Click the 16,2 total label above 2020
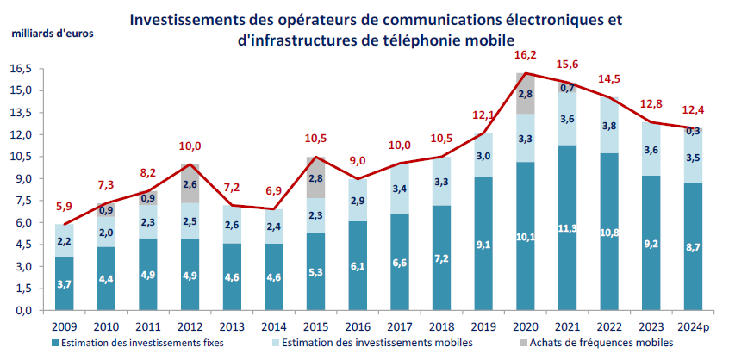tap(526, 55)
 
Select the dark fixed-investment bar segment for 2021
tap(567, 227)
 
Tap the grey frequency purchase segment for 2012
tap(190, 183)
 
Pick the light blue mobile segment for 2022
tap(608, 126)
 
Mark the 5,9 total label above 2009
tap(65, 206)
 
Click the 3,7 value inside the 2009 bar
tap(65, 283)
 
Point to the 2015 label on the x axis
tap(315, 326)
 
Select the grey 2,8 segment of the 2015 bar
tap(315, 177)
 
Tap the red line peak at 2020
tap(526, 73)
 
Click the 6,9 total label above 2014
tap(273, 190)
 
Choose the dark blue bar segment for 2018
tap(441, 258)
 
